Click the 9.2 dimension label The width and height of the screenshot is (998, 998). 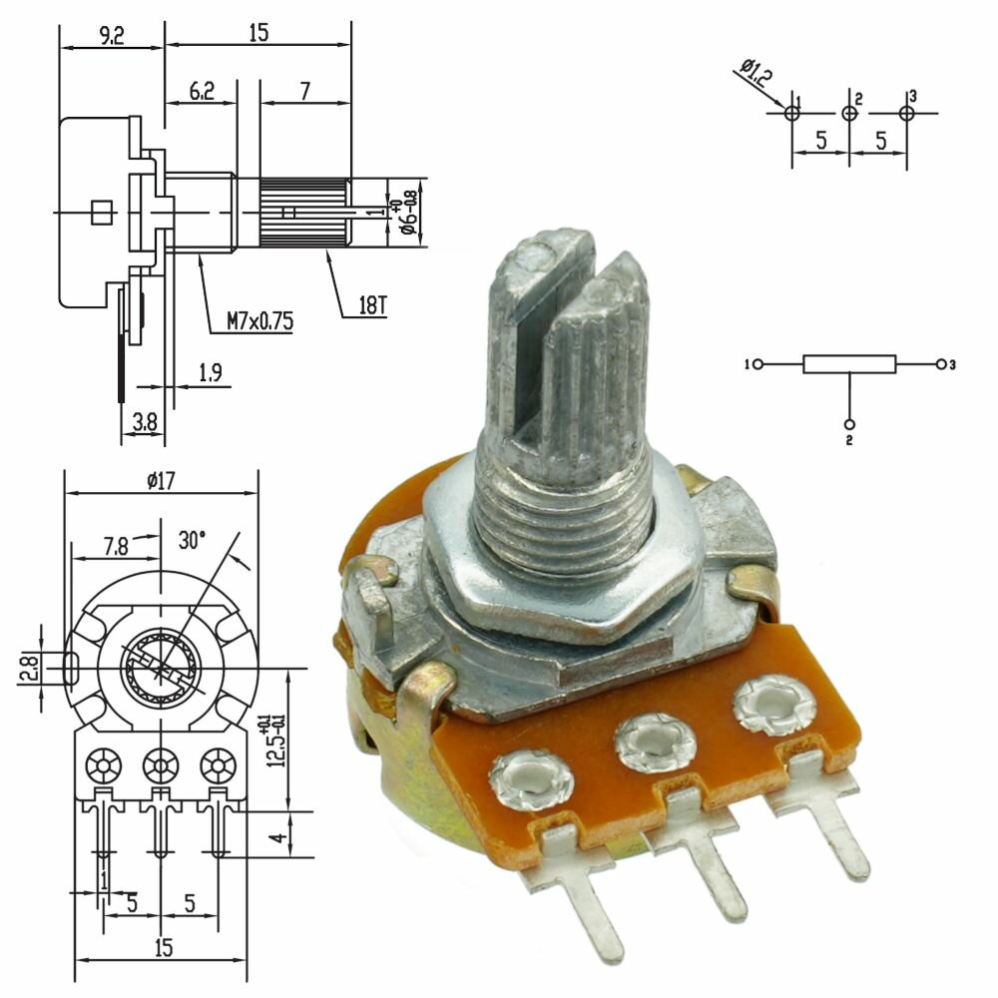click(112, 36)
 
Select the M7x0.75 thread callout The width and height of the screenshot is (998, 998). click(260, 320)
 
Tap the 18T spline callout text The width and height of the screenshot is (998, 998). click(373, 305)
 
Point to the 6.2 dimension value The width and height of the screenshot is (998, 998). click(202, 92)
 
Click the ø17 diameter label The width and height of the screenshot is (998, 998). click(161, 480)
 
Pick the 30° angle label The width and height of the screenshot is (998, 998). click(192, 540)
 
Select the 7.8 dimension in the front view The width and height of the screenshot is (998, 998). click(116, 547)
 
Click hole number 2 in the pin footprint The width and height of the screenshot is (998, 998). click(849, 114)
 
